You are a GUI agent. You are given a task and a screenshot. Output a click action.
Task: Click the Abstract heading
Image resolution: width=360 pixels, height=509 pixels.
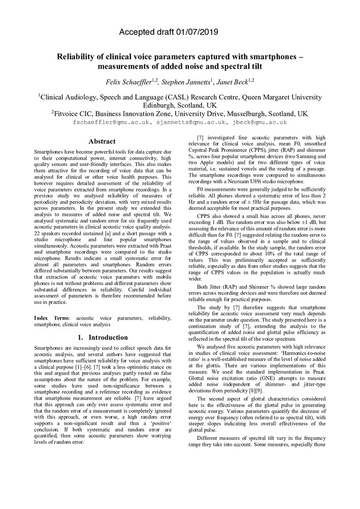(x=102, y=142)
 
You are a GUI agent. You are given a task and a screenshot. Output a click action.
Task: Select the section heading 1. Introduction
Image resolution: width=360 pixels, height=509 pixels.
(x=102, y=337)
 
